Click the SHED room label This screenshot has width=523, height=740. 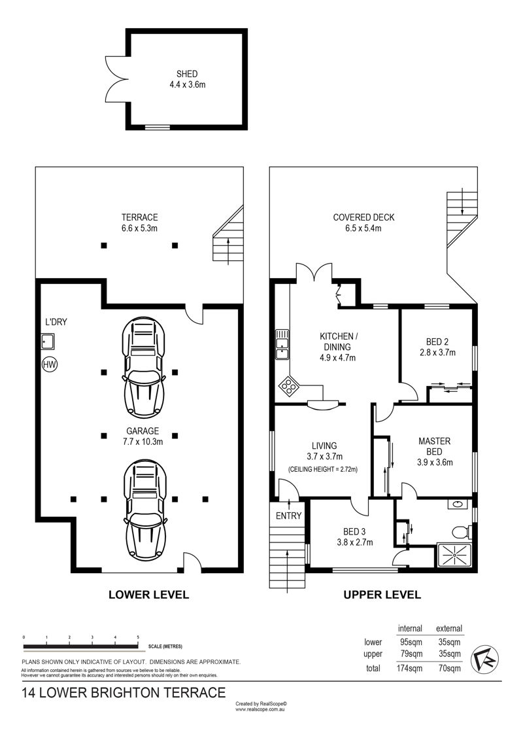pyautogui.click(x=187, y=74)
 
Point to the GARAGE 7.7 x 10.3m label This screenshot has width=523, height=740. pyautogui.click(x=143, y=436)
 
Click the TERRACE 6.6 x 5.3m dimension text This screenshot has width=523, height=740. pyautogui.click(x=139, y=228)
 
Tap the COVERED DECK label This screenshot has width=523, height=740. pyautogui.click(x=363, y=218)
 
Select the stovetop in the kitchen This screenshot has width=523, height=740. pyautogui.click(x=288, y=387)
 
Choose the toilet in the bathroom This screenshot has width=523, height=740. pyautogui.click(x=461, y=533)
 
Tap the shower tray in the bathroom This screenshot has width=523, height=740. pyautogui.click(x=454, y=557)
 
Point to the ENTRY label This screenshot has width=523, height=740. pyautogui.click(x=288, y=516)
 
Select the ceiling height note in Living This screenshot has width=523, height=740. pyautogui.click(x=322, y=470)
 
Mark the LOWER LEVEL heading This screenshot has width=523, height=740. pyautogui.click(x=148, y=595)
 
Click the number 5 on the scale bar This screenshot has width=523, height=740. pyautogui.click(x=138, y=637)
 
